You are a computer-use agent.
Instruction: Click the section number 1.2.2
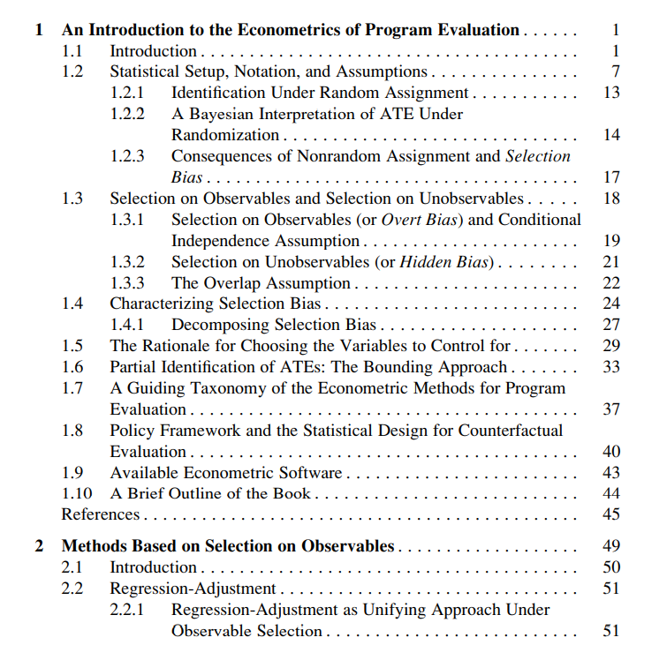(x=127, y=114)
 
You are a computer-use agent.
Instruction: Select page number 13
(x=610, y=93)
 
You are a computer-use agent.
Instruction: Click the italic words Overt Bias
(x=419, y=220)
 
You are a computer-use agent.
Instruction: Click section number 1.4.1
(x=127, y=325)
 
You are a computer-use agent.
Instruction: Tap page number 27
(x=610, y=325)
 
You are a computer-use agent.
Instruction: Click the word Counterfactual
(x=513, y=431)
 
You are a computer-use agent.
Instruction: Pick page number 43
(x=610, y=473)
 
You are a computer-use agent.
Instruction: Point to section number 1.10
(x=76, y=494)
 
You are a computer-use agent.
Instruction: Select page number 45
(x=610, y=514)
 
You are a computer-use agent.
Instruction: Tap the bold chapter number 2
(x=39, y=546)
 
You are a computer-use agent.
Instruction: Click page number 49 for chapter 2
(x=610, y=546)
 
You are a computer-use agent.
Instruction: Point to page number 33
(x=610, y=367)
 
